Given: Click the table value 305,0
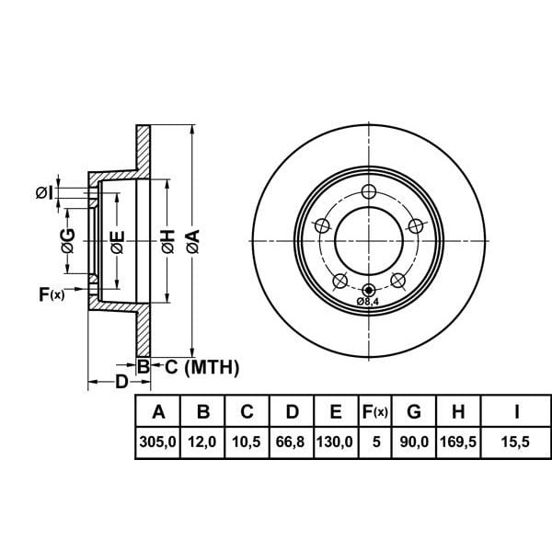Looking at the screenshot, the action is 157,442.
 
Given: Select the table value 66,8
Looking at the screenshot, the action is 290,442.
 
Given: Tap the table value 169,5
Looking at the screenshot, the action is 458,442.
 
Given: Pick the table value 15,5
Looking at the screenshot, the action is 515,442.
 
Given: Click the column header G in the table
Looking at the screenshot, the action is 414,411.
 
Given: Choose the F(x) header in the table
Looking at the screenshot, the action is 375,411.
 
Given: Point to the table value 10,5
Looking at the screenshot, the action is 246,442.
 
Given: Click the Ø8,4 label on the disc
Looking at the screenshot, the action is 369,302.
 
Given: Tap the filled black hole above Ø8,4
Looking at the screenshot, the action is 369,290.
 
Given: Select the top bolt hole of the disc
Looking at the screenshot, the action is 369,191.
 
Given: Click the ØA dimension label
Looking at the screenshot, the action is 193,241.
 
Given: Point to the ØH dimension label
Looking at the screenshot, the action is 168,241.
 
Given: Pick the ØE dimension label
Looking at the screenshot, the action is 117,242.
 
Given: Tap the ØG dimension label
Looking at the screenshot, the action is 68,240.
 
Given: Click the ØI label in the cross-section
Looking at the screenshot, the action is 45,192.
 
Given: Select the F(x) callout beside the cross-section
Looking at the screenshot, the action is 52,294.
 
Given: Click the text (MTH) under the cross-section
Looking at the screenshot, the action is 212,367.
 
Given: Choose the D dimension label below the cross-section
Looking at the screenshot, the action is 121,382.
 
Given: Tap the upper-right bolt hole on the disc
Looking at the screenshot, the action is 416,225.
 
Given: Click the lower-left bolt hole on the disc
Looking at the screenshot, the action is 340,281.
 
